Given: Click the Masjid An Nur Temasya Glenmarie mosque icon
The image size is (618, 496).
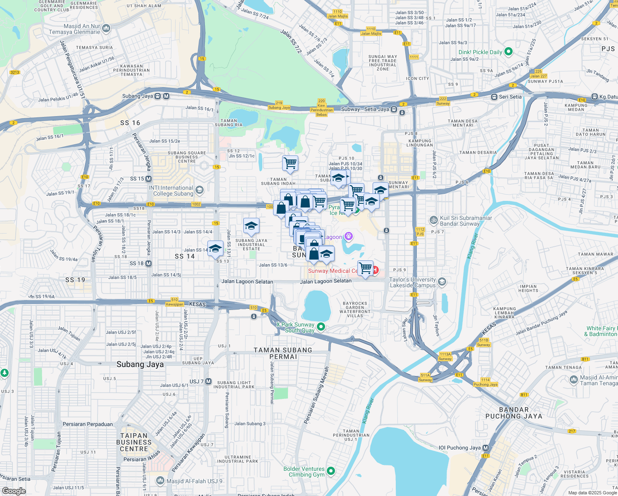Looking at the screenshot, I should pyautogui.click(x=106, y=29).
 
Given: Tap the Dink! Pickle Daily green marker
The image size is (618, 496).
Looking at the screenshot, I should pyautogui.click(x=509, y=52).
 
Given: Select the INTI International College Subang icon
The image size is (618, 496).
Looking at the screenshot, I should pyautogui.click(x=200, y=190).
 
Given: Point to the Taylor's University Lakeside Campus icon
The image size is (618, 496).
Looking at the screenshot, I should pyautogui.click(x=442, y=282).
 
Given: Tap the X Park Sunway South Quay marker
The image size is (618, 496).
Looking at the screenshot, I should pyautogui.click(x=321, y=327).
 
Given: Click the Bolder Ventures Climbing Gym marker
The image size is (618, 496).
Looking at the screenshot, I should pyautogui.click(x=330, y=471).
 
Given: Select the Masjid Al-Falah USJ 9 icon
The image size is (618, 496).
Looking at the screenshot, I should pyautogui.click(x=160, y=481).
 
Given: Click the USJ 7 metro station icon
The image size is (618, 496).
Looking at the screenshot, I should pyautogui.click(x=208, y=381).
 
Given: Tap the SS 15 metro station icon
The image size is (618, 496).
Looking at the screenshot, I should pyautogui.click(x=148, y=179).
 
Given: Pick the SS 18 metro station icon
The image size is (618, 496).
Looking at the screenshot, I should pyautogui.click(x=148, y=263).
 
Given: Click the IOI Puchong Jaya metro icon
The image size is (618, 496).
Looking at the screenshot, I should pyautogui.click(x=485, y=448).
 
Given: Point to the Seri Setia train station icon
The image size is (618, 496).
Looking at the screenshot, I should pyautogui.click(x=494, y=97).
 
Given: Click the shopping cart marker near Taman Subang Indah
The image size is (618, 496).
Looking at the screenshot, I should pyautogui.click(x=290, y=163).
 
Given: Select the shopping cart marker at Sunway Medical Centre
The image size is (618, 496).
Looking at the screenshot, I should pyautogui.click(x=365, y=268).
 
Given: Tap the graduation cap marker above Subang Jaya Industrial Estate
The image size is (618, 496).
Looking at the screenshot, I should pyautogui.click(x=251, y=226).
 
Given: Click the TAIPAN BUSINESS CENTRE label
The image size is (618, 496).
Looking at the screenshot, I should pyautogui.click(x=134, y=442).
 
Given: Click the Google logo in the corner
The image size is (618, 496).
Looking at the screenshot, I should pyautogui.click(x=14, y=491).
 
